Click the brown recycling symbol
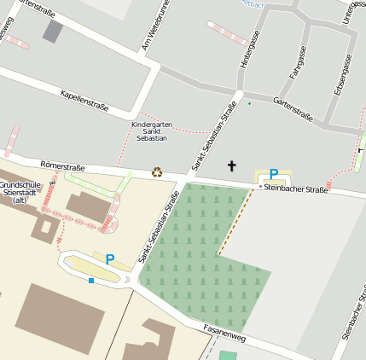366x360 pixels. [157, 171]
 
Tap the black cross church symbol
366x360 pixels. [230, 165]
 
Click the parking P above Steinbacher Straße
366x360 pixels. [274, 174]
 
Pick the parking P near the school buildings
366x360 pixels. [109, 258]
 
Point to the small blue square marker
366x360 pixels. [91, 280]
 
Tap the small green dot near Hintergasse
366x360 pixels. [249, 104]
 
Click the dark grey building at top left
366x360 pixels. [53, 32]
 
